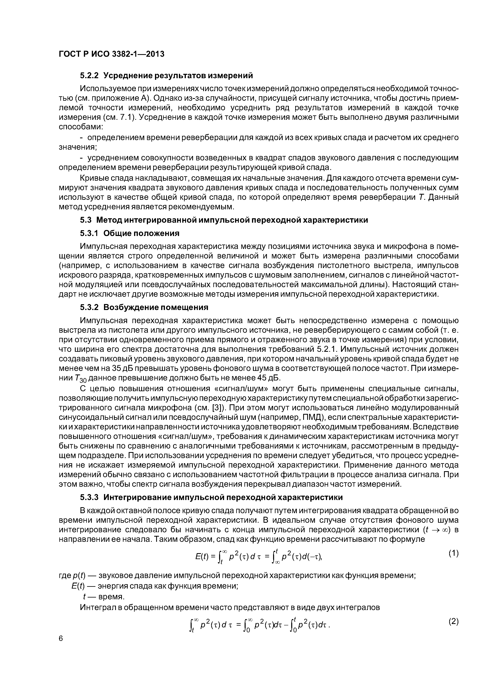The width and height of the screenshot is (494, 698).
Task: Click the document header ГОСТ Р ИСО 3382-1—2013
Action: [x=111, y=54]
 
